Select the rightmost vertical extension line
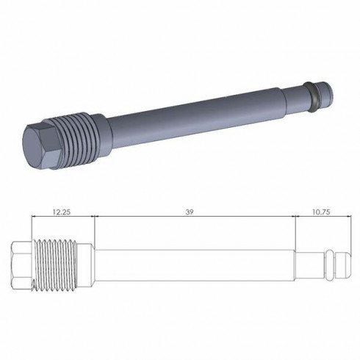(x=345, y=228)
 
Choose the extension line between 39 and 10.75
(x=295, y=228)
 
